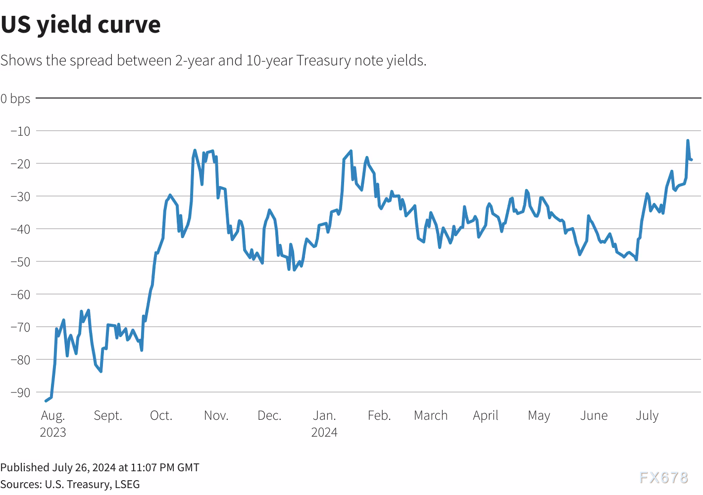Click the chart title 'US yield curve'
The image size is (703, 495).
pyautogui.click(x=81, y=25)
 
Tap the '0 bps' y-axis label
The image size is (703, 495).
pyautogui.click(x=15, y=99)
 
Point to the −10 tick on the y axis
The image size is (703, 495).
pyautogui.click(x=20, y=131)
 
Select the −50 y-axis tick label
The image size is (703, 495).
pyautogui.click(x=20, y=261)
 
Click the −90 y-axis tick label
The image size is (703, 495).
pyautogui.click(x=20, y=393)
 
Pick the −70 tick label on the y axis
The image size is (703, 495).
pyautogui.click(x=20, y=327)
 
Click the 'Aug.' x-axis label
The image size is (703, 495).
pyautogui.click(x=53, y=415)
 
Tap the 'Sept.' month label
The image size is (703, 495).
pyautogui.click(x=108, y=415)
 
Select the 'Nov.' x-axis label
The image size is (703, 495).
pyautogui.click(x=216, y=415)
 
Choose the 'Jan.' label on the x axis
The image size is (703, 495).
pyautogui.click(x=324, y=415)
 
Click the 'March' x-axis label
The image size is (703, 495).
pyautogui.click(x=431, y=415)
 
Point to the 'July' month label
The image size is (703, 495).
pyautogui.click(x=647, y=415)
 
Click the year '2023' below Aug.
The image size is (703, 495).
pyautogui.click(x=53, y=432)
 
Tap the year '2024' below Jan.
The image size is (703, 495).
pyautogui.click(x=324, y=432)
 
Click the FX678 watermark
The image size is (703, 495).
pyautogui.click(x=663, y=477)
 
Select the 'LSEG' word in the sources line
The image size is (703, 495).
pyautogui.click(x=127, y=484)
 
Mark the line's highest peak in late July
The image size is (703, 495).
pyautogui.click(x=688, y=141)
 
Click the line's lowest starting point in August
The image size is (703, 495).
pyautogui.click(x=46, y=400)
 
